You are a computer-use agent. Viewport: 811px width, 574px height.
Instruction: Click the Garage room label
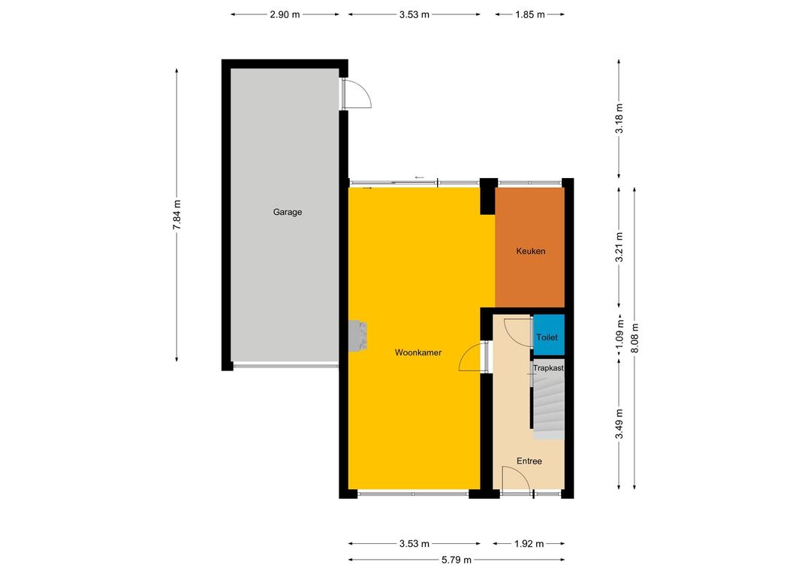[x=287, y=212]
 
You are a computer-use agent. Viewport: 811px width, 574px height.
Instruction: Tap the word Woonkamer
[x=418, y=352]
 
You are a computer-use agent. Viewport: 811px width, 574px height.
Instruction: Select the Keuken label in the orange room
[x=531, y=251]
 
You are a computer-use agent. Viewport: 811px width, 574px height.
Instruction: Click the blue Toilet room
[x=548, y=334]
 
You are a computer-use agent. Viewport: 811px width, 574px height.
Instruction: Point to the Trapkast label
[x=548, y=368]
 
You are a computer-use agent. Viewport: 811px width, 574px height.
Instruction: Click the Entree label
[x=529, y=461]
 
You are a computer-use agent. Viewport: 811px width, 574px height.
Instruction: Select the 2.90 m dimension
[x=285, y=14]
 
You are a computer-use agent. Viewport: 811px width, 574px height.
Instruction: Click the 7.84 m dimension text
[x=177, y=215]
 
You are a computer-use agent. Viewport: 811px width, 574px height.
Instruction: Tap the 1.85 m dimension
[x=529, y=14]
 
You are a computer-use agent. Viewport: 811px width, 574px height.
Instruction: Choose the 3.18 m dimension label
[x=619, y=119]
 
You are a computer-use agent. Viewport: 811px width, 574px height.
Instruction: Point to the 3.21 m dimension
[x=619, y=247]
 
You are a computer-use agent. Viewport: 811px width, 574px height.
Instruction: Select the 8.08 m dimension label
[x=635, y=339]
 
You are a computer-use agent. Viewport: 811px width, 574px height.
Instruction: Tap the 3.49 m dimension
[x=619, y=424]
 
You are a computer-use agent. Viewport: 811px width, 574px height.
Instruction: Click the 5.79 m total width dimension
[x=457, y=560]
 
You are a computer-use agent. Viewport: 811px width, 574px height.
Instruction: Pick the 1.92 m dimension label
[x=529, y=543]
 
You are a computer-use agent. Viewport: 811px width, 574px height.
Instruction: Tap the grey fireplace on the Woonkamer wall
[x=357, y=335]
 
